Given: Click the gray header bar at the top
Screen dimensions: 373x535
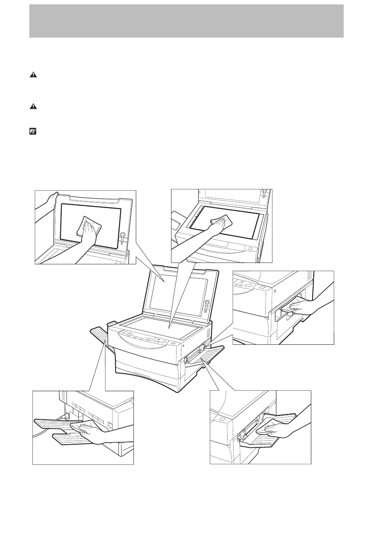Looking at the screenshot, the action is pos(186,21).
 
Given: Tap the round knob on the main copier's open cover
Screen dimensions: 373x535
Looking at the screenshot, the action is pos(207,304).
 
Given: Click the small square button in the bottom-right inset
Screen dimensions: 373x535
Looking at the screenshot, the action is pos(222,419).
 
